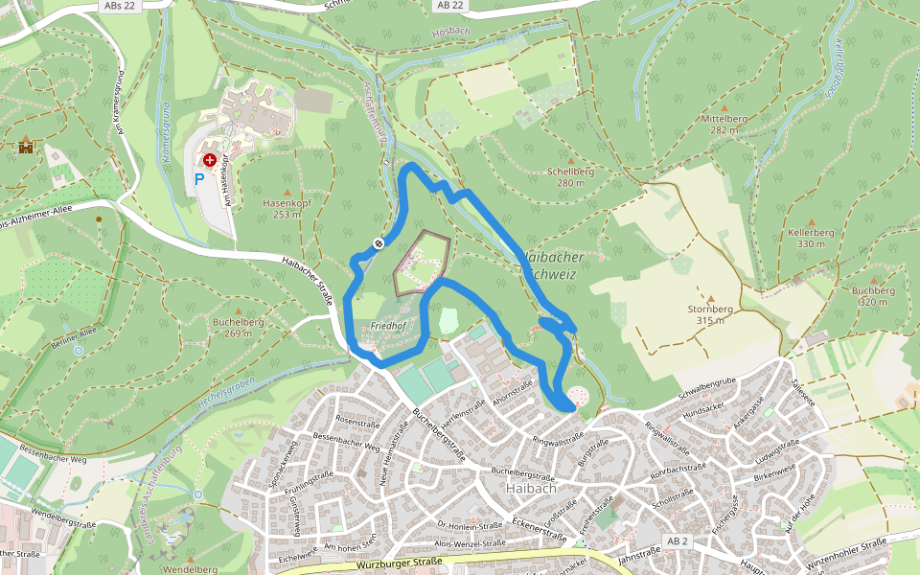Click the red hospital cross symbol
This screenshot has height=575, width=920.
[209, 160]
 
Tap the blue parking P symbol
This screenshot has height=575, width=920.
[199, 178]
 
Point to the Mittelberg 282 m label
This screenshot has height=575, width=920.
[724, 124]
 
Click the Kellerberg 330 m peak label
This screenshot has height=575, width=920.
[811, 238]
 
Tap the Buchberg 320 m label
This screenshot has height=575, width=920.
[873, 295]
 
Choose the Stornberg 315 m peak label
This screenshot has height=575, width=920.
[710, 314]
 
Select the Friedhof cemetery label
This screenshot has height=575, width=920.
[387, 327]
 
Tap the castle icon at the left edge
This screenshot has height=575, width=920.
[26, 147]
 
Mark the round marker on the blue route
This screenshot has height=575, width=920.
[379, 243]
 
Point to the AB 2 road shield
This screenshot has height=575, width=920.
[678, 541]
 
